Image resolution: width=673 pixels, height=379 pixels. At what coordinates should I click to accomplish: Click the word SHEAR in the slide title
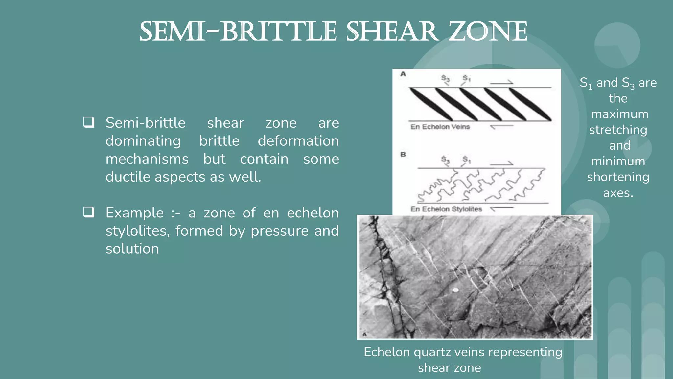(392, 32)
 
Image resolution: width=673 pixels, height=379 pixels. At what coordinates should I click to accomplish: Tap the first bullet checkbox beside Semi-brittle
(89, 122)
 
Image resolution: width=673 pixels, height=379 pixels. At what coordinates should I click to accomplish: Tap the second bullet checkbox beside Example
(89, 212)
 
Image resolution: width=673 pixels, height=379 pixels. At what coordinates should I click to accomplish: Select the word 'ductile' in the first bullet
(128, 177)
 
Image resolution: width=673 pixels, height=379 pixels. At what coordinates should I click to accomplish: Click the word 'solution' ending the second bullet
(132, 249)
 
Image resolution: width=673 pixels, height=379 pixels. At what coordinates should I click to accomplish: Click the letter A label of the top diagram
(403, 74)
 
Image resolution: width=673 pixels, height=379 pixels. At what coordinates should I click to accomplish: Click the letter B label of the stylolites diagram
(403, 154)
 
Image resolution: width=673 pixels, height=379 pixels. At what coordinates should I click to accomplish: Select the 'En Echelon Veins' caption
(440, 127)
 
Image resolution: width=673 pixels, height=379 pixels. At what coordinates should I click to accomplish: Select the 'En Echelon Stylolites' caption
(446, 209)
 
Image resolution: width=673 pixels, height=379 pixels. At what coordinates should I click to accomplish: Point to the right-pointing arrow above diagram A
(501, 82)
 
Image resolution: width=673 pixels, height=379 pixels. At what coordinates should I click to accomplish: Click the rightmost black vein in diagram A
(530, 105)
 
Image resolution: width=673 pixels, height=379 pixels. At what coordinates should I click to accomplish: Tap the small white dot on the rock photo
(455, 290)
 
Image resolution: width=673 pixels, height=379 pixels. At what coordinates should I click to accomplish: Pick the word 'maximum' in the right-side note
(620, 114)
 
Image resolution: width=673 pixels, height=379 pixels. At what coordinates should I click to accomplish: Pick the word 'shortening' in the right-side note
(618, 177)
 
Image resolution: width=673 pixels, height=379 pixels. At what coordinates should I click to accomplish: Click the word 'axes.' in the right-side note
(618, 193)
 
